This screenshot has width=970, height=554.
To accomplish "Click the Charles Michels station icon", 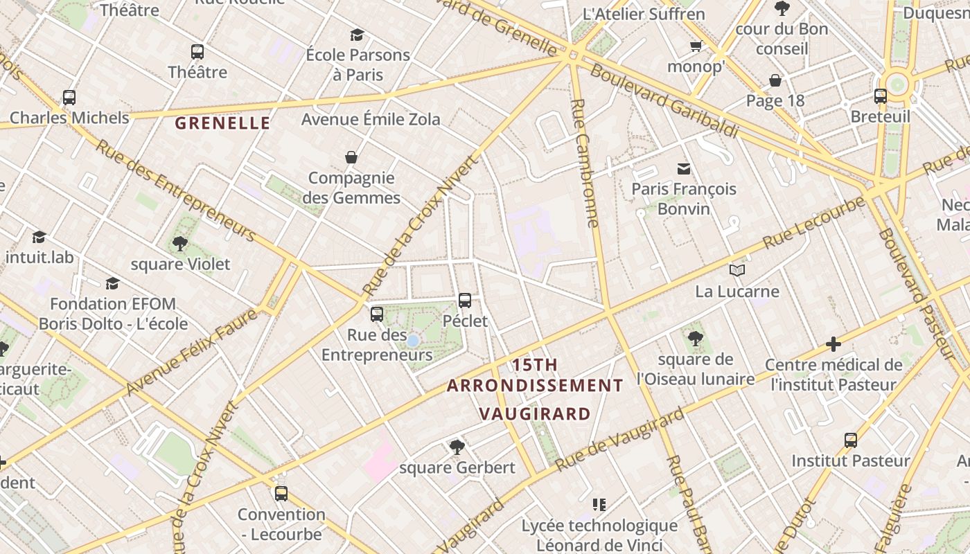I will [x=69, y=98].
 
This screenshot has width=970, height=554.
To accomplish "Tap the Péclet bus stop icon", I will [x=465, y=301].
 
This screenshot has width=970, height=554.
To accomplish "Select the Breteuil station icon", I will [x=881, y=96].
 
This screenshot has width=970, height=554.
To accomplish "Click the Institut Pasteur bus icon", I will [x=851, y=440].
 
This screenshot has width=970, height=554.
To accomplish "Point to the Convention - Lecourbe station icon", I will [x=281, y=494].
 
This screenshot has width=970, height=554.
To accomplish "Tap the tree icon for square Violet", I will [x=180, y=244].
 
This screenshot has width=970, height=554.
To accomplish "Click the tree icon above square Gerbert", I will [x=457, y=447].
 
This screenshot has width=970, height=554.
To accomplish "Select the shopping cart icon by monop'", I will [x=696, y=46].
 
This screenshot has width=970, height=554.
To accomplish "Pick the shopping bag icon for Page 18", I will [x=775, y=81].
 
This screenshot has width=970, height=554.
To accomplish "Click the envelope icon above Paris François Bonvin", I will [x=684, y=168].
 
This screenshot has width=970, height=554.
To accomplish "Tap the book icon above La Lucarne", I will [x=737, y=271].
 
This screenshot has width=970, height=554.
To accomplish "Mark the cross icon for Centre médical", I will [x=834, y=344].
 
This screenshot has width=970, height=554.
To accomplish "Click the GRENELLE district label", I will [x=222, y=124].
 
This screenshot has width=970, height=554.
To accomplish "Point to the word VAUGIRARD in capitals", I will [x=535, y=415].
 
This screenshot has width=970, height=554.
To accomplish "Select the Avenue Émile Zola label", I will [x=371, y=119].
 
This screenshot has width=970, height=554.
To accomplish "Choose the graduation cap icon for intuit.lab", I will [x=39, y=237].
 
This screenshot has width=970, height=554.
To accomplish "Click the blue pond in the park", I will [x=412, y=341].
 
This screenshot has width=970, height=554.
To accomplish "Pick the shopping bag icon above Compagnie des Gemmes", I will [x=351, y=157].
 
